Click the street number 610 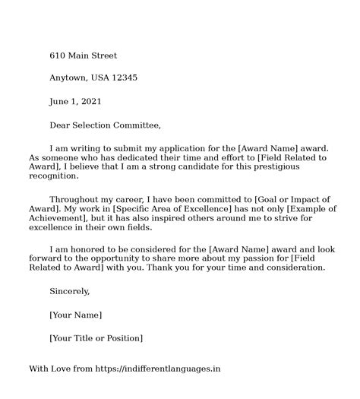pos(58,55)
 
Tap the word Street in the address pos(103,55)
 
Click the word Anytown pos(69,78)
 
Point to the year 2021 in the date pos(90,101)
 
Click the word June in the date pos(61,101)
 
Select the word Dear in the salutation pos(61,124)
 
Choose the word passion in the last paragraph pos(267,258)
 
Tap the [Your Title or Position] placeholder pos(96,337)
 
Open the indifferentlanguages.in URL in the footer pos(157,369)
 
